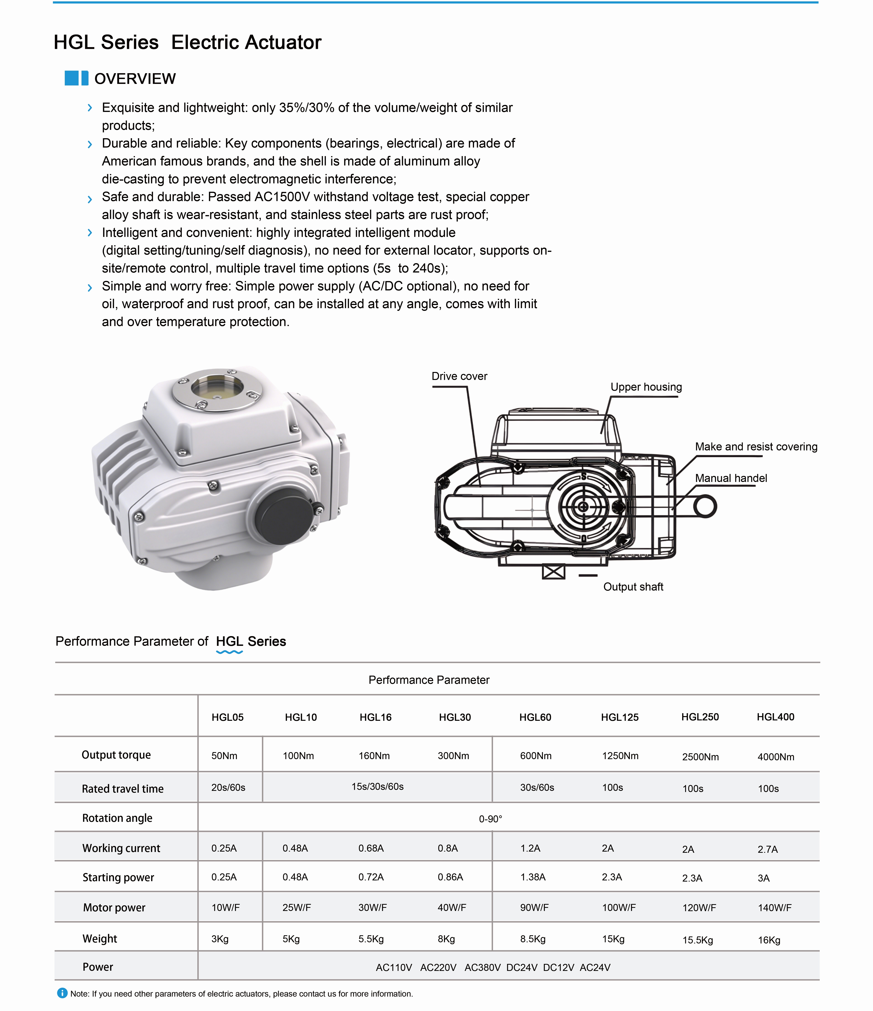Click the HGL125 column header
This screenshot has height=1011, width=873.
click(x=619, y=717)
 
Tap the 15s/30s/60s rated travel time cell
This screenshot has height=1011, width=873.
click(x=378, y=787)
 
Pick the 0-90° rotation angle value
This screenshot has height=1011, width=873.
click(x=490, y=819)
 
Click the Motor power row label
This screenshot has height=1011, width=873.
click(x=114, y=908)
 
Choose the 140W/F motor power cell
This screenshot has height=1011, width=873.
click(x=775, y=908)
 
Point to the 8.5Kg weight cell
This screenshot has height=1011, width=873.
click(x=533, y=939)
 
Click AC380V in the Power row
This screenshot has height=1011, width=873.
click(x=482, y=968)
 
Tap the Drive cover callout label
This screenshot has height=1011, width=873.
click(x=459, y=376)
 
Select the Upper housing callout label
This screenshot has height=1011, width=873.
click(x=646, y=387)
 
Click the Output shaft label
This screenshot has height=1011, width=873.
click(x=633, y=587)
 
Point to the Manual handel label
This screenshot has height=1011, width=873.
click(x=731, y=478)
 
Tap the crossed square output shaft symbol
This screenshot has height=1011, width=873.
click(x=554, y=572)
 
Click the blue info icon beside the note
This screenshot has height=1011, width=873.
click(x=62, y=993)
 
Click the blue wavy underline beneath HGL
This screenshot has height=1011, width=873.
click(x=229, y=652)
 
